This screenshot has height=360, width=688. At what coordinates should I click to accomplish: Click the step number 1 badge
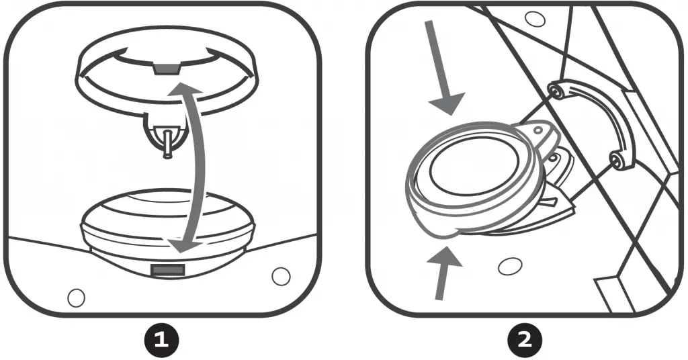pyautogui.click(x=161, y=340)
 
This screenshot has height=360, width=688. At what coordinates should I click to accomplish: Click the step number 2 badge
pyautogui.click(x=526, y=340)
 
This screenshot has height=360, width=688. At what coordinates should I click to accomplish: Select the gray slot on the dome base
pyautogui.click(x=168, y=269)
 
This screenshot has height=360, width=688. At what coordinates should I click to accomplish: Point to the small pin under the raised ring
pyautogui.click(x=166, y=145)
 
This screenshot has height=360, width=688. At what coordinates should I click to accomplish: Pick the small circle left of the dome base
pyautogui.click(x=77, y=296)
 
